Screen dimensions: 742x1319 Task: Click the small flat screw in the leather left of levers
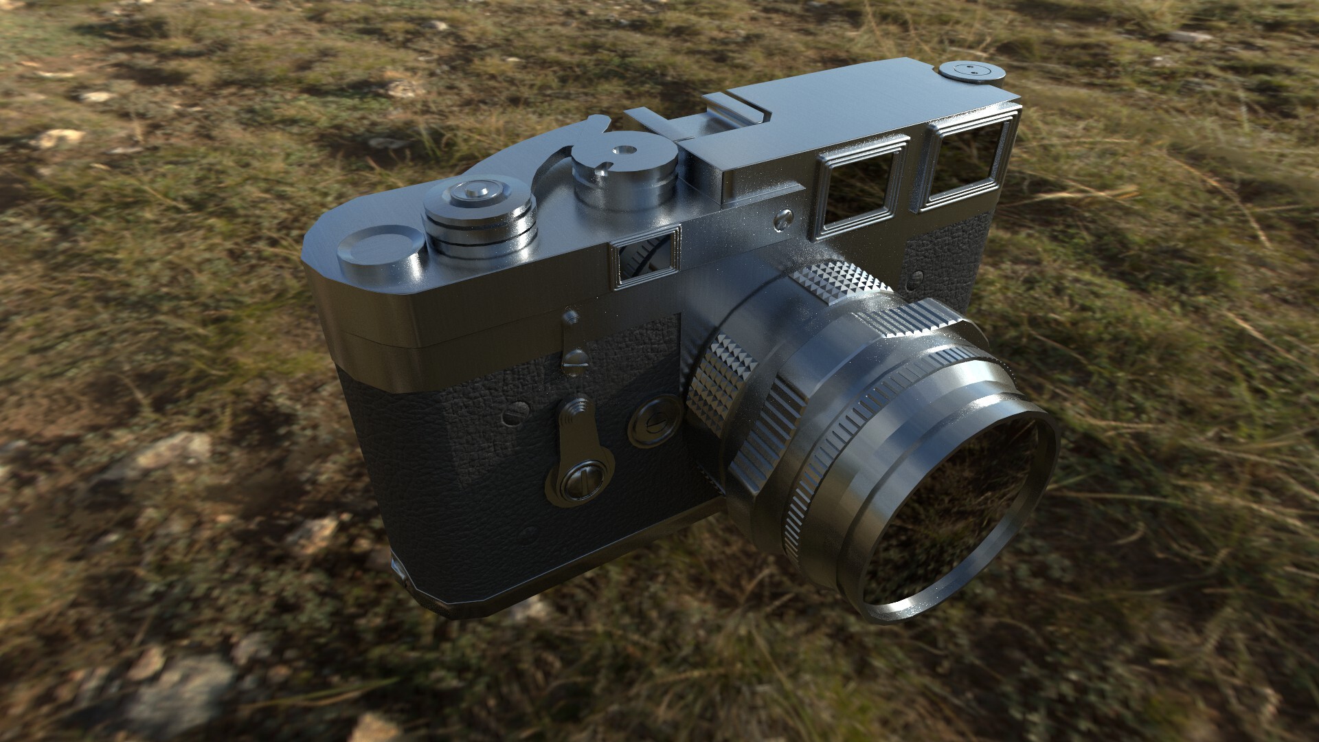click(515, 414)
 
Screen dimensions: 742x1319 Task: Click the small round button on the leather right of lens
click(918, 278)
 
